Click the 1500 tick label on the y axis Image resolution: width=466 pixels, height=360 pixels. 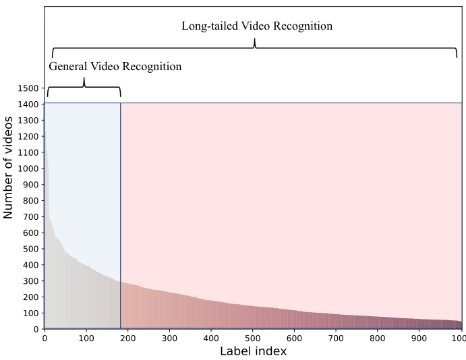[28, 88]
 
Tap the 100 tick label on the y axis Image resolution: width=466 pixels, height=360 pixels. [30, 313]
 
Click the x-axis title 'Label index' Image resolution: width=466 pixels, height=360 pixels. [253, 352]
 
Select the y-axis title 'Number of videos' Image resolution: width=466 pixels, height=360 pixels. [9, 167]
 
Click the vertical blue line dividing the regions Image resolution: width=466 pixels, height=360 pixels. [121, 216]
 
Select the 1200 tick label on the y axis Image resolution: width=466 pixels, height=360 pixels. [28, 136]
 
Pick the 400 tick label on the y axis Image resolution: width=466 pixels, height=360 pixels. [30, 265]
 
